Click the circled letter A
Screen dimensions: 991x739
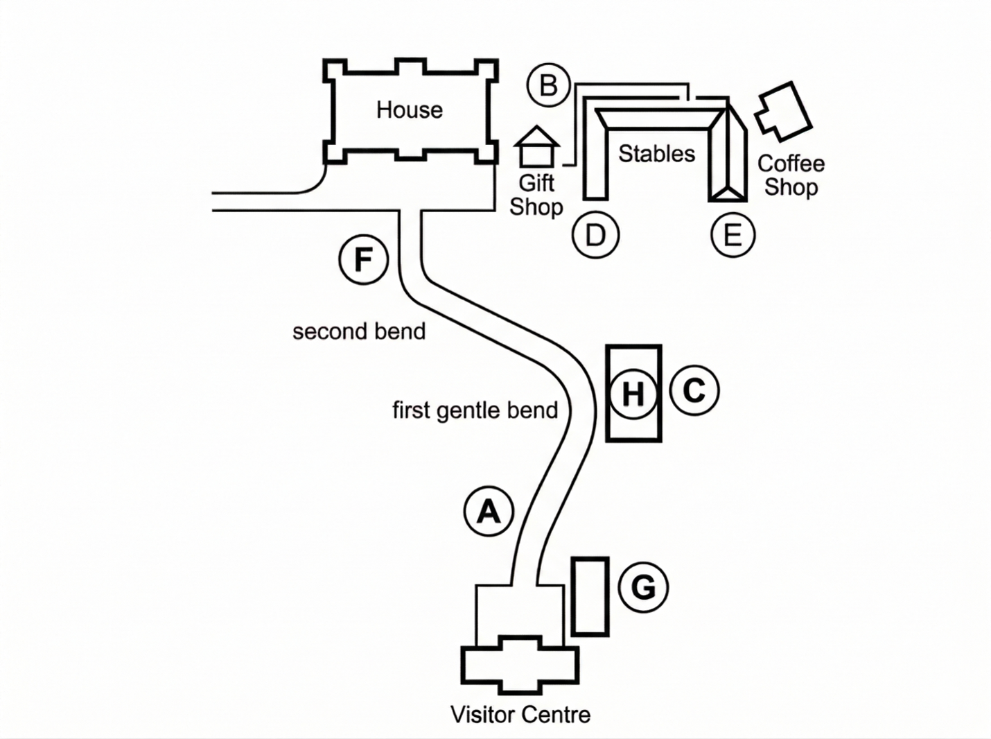pyautogui.click(x=489, y=511)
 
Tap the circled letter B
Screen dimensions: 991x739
pyautogui.click(x=549, y=85)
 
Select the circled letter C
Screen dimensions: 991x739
pyautogui.click(x=694, y=390)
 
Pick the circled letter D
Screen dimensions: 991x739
pyautogui.click(x=595, y=235)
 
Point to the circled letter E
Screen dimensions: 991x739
pyautogui.click(x=733, y=235)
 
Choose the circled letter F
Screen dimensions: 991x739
pyautogui.click(x=363, y=259)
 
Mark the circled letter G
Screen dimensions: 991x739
pyautogui.click(x=643, y=587)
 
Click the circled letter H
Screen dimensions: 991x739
pyautogui.click(x=633, y=394)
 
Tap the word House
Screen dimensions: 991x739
pyautogui.click(x=410, y=110)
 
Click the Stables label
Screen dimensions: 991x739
pyautogui.click(x=656, y=154)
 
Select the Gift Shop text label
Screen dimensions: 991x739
pyautogui.click(x=536, y=195)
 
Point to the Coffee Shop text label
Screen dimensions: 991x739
pyautogui.click(x=791, y=175)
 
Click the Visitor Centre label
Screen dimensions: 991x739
pyautogui.click(x=520, y=715)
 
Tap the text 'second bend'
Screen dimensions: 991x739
pyautogui.click(x=359, y=331)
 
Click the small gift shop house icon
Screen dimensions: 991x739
pyautogui.click(x=536, y=146)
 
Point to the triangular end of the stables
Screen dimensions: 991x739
pyautogui.click(x=728, y=194)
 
